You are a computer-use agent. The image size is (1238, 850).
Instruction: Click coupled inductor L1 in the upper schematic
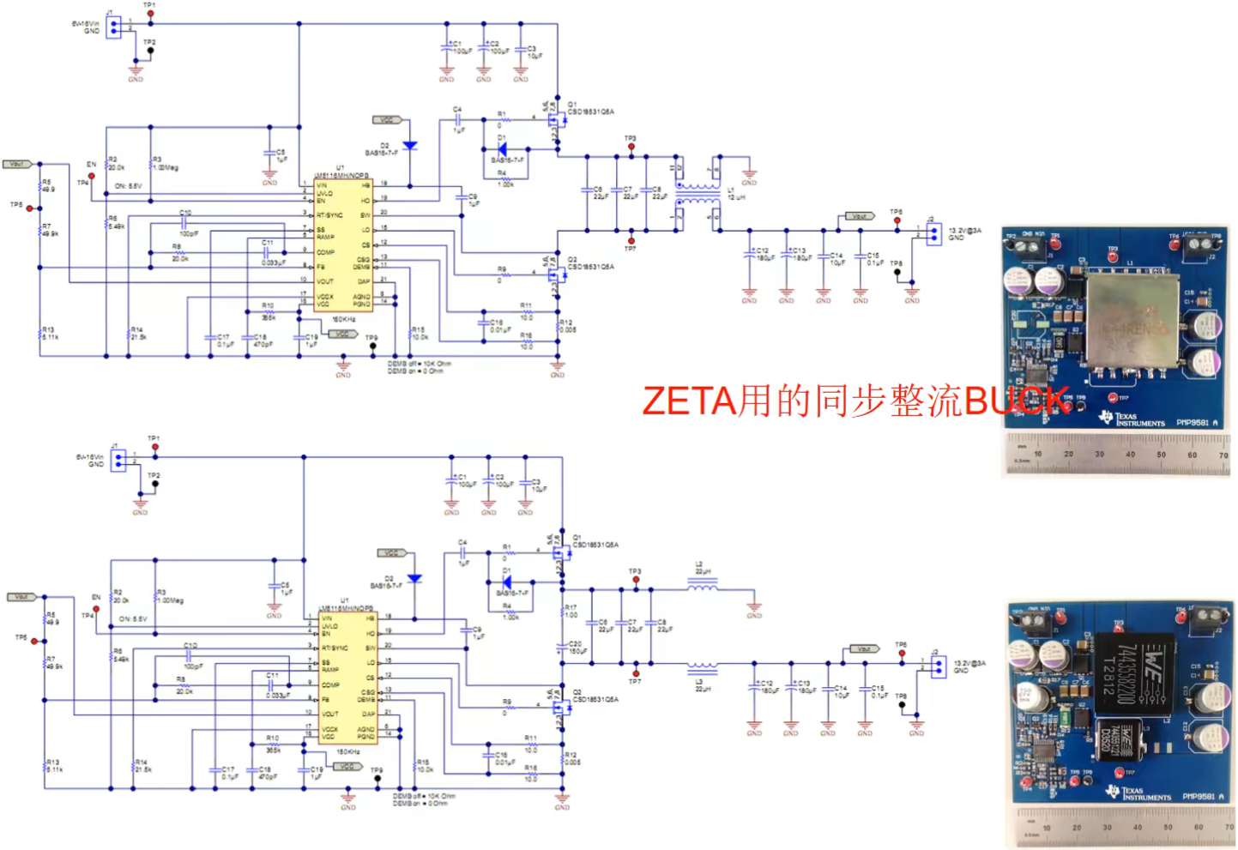(x=698, y=193)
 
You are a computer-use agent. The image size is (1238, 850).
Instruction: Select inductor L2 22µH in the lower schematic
(x=703, y=585)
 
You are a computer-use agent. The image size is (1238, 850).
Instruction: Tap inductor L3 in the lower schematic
(x=703, y=666)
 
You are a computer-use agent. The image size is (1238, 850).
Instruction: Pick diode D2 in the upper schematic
(x=409, y=146)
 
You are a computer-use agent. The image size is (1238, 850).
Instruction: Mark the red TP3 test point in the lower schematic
(x=636, y=580)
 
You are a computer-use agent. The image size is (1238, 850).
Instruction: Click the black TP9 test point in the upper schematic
(x=372, y=347)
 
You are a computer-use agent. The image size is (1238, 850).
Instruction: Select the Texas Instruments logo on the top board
(x=1132, y=419)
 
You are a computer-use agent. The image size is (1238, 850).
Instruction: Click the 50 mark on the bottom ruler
(x=1168, y=828)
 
